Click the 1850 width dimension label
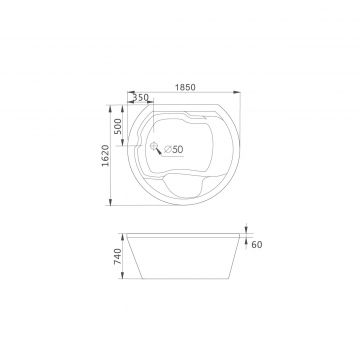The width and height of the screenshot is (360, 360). tap(185, 87)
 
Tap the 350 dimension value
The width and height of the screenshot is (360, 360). tap(140, 98)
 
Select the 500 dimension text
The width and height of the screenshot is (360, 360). tap(118, 126)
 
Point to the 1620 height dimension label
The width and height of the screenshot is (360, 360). tap(105, 155)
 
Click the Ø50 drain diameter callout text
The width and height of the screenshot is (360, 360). tap(174, 149)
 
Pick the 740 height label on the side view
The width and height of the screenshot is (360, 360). tap(118, 256)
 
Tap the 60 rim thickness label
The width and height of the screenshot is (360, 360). tap(257, 245)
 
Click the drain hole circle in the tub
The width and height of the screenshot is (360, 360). tap(153, 145)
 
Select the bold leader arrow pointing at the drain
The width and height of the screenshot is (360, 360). tap(159, 151)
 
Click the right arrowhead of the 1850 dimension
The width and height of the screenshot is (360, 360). tap(237, 92)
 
